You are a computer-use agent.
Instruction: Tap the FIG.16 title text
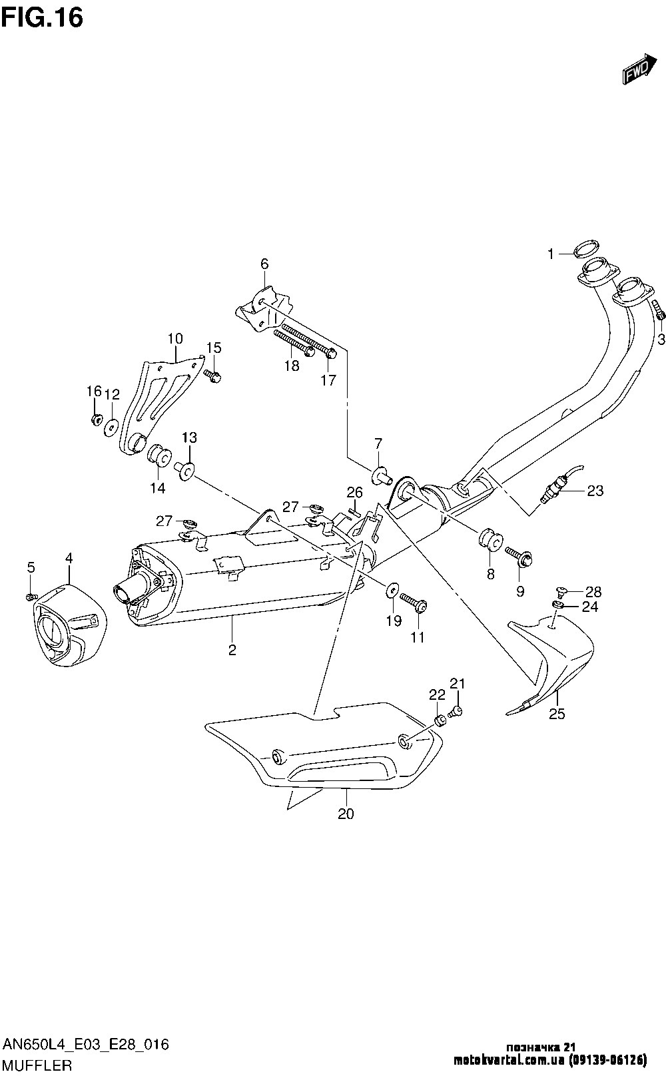(41, 17)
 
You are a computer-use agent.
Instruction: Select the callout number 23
(595, 491)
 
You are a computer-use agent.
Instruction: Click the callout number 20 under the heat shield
(346, 813)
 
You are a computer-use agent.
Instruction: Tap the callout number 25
(557, 714)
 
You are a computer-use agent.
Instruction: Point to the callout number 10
(174, 339)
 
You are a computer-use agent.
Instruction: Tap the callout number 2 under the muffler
(232, 650)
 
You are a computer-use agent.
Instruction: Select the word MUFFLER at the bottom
(37, 1065)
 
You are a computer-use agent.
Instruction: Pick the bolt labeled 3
(658, 310)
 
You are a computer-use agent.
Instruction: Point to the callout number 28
(593, 591)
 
